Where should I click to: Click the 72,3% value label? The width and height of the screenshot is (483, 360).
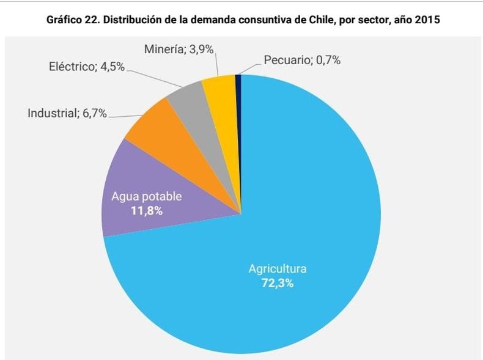click(277, 283)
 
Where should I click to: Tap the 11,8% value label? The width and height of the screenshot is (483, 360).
click(147, 210)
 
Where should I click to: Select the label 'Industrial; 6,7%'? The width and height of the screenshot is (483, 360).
click(67, 114)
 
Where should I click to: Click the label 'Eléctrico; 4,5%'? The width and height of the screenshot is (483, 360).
click(87, 67)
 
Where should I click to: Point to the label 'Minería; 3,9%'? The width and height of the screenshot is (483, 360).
click(180, 50)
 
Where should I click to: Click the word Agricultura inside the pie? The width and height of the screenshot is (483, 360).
click(277, 269)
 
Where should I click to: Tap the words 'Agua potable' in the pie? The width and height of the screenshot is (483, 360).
click(147, 197)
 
